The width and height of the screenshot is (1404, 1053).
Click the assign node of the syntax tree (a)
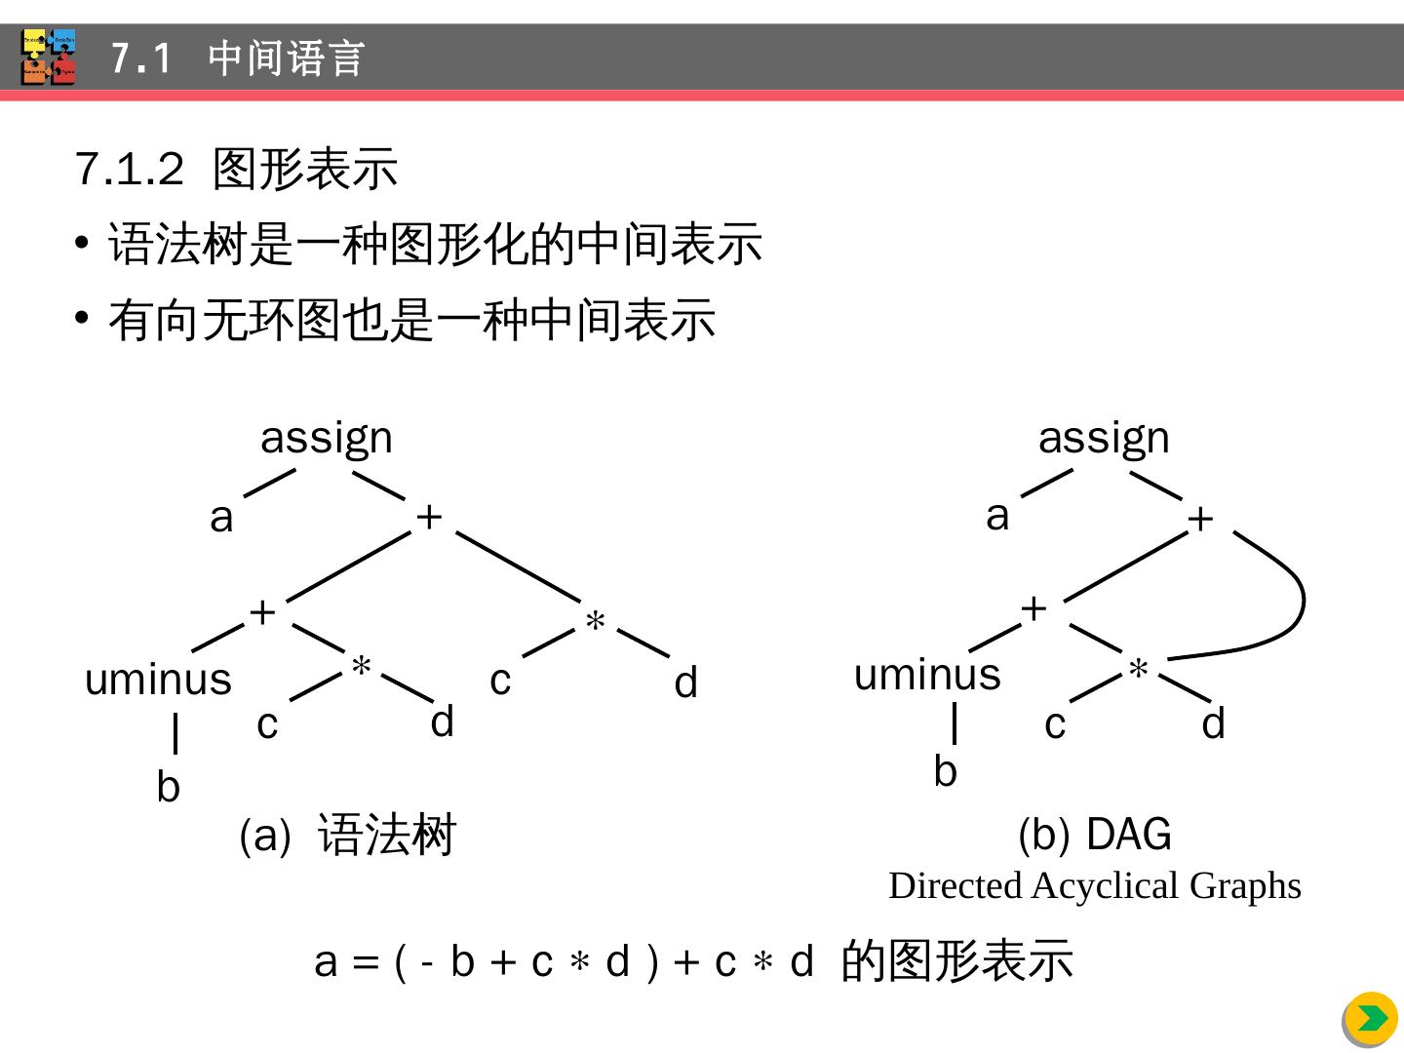(x=327, y=439)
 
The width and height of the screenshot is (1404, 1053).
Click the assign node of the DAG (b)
(x=1104, y=439)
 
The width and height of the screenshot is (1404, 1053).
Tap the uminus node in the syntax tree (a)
(x=158, y=680)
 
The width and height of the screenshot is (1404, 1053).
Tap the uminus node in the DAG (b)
(x=927, y=675)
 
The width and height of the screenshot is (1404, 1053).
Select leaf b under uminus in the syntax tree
(x=168, y=787)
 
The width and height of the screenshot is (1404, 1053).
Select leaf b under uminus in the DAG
(x=945, y=771)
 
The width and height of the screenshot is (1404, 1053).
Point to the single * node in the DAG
(x=1138, y=671)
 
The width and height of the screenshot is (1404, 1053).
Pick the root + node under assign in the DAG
(x=1200, y=519)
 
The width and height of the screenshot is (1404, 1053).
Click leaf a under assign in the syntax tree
(x=221, y=518)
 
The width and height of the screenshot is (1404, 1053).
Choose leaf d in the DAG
(x=1213, y=724)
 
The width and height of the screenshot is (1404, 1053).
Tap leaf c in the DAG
(x=1055, y=724)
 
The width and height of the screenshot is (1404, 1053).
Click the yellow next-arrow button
(x=1372, y=1019)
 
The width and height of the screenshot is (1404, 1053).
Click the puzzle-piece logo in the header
(x=48, y=58)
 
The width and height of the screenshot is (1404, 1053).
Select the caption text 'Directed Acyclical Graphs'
(x=1094, y=886)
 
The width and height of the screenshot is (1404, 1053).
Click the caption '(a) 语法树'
(x=347, y=836)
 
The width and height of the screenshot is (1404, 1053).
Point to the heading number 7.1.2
(x=129, y=170)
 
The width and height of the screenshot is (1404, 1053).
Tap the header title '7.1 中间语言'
(x=237, y=58)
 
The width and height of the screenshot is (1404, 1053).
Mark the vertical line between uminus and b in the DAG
(x=955, y=723)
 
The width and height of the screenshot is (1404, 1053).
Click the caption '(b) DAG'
(x=1094, y=835)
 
